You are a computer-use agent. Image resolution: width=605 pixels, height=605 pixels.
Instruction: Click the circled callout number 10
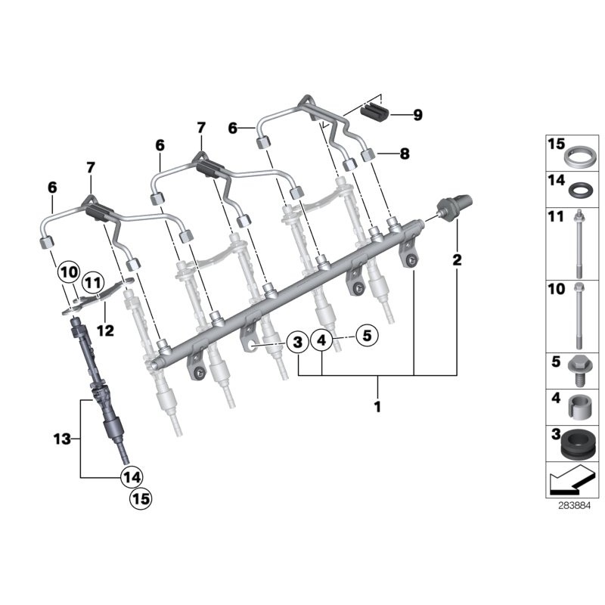tap(69, 271)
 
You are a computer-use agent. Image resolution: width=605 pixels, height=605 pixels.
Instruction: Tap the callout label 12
tap(105, 330)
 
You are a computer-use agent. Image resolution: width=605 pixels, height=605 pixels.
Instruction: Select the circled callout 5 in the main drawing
tap(366, 334)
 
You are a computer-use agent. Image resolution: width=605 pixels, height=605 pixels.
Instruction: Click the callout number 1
tap(378, 407)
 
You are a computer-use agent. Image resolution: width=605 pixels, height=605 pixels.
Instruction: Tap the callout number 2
tap(456, 261)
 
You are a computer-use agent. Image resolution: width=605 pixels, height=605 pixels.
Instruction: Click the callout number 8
tap(404, 154)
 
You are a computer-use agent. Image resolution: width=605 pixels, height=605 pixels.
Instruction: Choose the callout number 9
tap(417, 115)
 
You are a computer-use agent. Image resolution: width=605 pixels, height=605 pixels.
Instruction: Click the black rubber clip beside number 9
tap(374, 112)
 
